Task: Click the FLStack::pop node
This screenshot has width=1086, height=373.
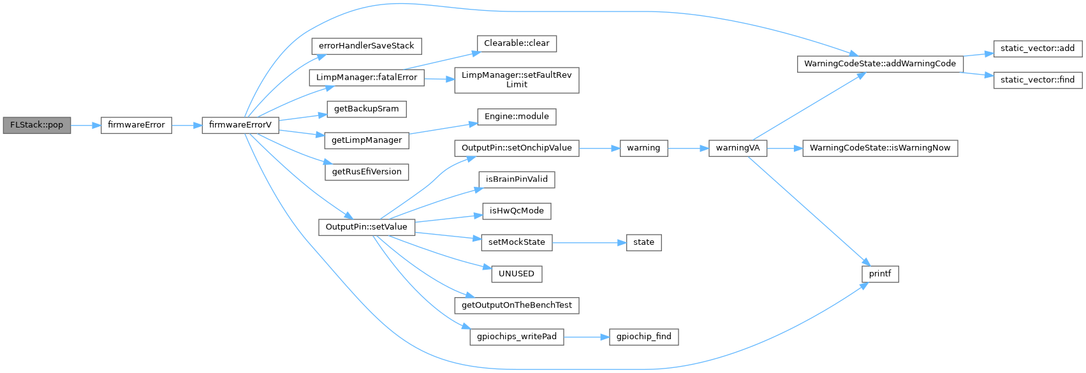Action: (x=36, y=125)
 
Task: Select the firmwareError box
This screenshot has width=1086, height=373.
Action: (x=136, y=125)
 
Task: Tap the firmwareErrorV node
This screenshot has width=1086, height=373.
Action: (x=240, y=125)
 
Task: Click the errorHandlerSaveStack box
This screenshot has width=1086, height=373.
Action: (x=366, y=46)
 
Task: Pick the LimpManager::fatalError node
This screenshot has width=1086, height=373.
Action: (x=366, y=77)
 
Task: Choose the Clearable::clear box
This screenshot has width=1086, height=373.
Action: (x=517, y=43)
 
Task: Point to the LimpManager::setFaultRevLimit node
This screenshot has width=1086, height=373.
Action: (x=517, y=80)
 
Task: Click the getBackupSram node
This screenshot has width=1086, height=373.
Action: (x=366, y=109)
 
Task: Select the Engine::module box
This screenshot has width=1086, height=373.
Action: (x=517, y=117)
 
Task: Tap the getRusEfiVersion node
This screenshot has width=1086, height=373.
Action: (x=366, y=172)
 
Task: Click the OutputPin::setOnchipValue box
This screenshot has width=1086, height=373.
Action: (x=517, y=148)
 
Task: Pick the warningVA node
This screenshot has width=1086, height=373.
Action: (x=737, y=148)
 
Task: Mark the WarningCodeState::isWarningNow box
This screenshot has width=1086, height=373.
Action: (x=879, y=148)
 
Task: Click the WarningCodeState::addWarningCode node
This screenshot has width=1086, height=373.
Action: (x=879, y=64)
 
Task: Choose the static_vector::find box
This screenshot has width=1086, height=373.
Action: (x=1037, y=80)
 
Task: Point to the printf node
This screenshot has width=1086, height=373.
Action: (x=879, y=274)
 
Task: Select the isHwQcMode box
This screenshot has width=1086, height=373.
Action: (x=517, y=211)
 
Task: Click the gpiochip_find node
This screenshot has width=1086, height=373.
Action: (x=643, y=337)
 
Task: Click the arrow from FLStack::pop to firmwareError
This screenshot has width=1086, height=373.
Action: (x=86, y=125)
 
